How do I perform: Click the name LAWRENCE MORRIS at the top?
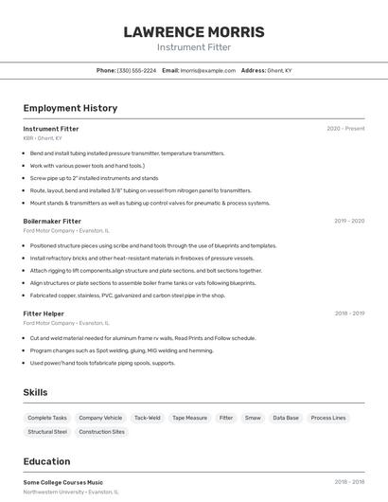(x=194, y=32)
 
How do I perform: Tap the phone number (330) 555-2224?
(x=136, y=70)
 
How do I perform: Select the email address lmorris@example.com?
(x=207, y=70)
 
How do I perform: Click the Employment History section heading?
(x=70, y=108)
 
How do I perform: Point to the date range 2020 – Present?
(x=345, y=128)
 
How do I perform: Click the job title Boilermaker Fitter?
(x=52, y=221)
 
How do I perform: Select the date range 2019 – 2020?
(x=348, y=221)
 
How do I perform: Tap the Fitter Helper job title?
(x=44, y=313)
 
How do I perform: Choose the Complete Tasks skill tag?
(x=47, y=417)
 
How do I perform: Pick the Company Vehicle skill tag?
(x=100, y=417)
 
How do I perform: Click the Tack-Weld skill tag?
(x=147, y=417)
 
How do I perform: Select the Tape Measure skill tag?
(x=189, y=417)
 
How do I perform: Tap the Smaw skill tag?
(x=253, y=417)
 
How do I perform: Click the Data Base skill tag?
(x=286, y=417)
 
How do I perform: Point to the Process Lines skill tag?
(x=328, y=417)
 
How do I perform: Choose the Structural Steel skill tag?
(x=47, y=432)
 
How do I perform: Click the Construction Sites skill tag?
(x=101, y=432)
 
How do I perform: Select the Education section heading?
(x=46, y=461)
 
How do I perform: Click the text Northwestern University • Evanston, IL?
(x=71, y=492)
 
